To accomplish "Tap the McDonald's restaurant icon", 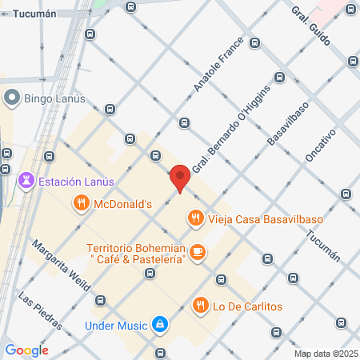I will coord(81,204).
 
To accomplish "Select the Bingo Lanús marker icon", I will coord(12,98).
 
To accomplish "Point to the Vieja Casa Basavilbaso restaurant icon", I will coord(195,217).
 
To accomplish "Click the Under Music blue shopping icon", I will coord(160,325).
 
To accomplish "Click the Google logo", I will coord(26,350).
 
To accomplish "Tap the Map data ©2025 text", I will coord(325,354).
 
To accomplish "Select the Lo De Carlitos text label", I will coord(247,306).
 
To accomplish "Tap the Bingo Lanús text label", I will coord(53,98).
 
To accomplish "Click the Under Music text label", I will coord(116,326).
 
